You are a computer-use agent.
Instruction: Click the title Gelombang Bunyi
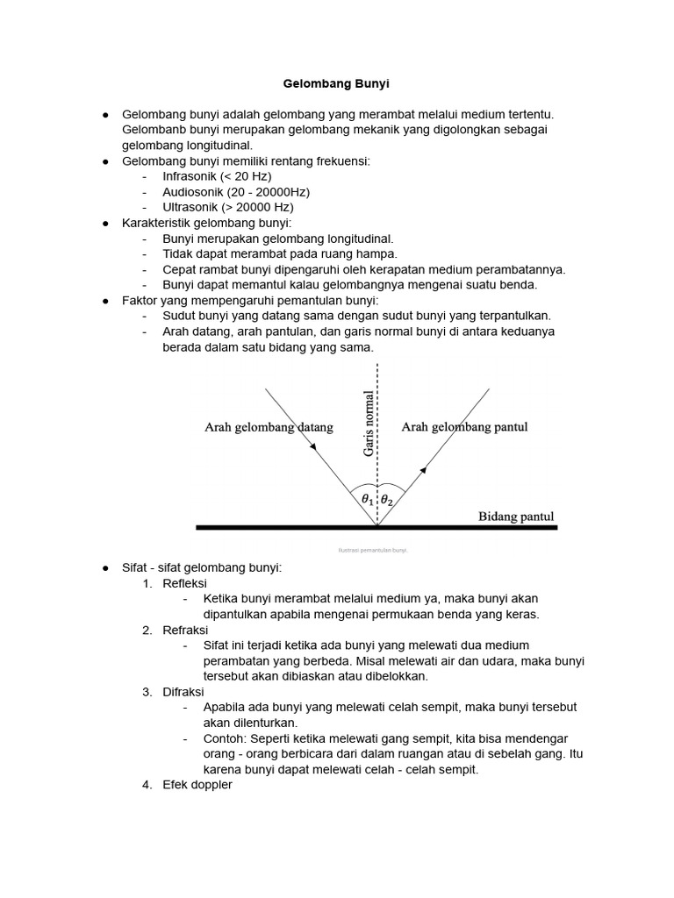pyautogui.click(x=336, y=84)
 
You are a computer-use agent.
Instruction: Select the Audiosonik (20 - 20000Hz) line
pyautogui.click(x=236, y=192)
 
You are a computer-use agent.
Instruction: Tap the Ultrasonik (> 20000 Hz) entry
pyautogui.click(x=228, y=207)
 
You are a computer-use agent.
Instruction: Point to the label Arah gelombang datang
pyautogui.click(x=269, y=428)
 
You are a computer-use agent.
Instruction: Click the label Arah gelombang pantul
pyautogui.click(x=464, y=427)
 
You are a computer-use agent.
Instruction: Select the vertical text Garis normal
pyautogui.click(x=369, y=424)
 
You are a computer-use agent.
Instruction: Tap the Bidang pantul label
pyautogui.click(x=516, y=517)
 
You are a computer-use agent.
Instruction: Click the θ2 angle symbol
pyautogui.click(x=388, y=500)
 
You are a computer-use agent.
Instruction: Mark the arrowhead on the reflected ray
pyautogui.click(x=423, y=470)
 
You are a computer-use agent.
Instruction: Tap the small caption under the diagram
pyautogui.click(x=373, y=550)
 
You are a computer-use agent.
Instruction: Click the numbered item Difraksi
pyautogui.click(x=183, y=692)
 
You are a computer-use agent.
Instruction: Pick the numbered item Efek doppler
pyautogui.click(x=197, y=785)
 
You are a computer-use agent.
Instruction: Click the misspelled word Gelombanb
pyautogui.click(x=154, y=130)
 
